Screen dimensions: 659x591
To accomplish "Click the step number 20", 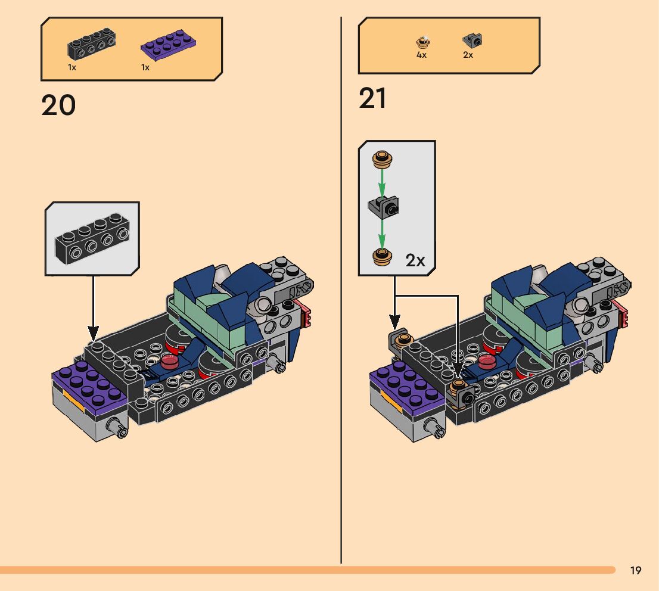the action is click(58, 105).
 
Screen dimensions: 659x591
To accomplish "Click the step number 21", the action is click(373, 99).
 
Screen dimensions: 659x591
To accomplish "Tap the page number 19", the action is click(636, 571).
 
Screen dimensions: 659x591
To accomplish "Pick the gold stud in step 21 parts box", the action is click(422, 42).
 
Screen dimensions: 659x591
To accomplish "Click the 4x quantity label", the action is click(421, 55).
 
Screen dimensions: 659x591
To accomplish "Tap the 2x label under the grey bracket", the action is click(468, 55).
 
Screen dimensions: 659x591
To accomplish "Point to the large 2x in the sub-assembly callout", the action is click(415, 260).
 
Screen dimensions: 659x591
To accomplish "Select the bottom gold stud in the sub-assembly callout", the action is click(382, 256).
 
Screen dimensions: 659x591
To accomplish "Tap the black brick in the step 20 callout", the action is click(92, 240).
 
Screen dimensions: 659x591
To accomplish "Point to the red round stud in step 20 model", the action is click(170, 361).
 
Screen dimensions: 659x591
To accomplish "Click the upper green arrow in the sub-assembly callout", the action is click(382, 180).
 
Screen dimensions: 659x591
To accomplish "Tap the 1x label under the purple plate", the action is click(145, 67).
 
